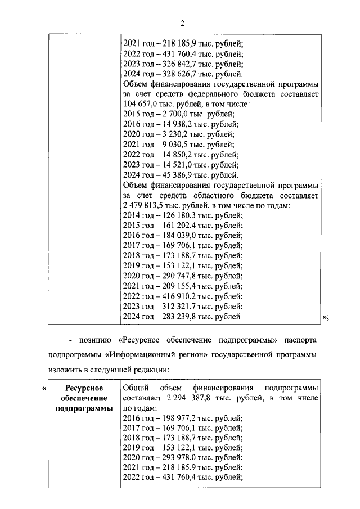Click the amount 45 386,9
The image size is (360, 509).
(169, 175)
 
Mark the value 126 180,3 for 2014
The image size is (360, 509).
(172, 215)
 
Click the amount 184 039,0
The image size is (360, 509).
(172, 236)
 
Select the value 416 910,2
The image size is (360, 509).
(172, 296)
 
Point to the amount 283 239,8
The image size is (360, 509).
(172, 317)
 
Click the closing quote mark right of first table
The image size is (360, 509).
(325, 317)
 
